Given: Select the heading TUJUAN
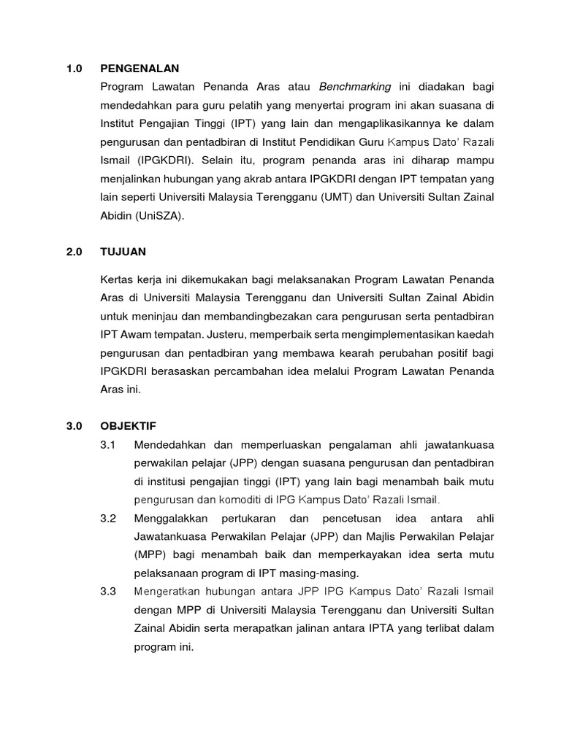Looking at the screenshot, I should (123, 252).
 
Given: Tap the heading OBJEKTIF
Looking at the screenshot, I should (128, 425).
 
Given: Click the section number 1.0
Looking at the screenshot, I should (74, 69).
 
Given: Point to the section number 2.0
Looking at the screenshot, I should (74, 252).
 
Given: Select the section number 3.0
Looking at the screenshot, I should (74, 425).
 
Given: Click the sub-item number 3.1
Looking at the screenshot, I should (108, 444).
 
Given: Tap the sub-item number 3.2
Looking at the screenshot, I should (108, 517).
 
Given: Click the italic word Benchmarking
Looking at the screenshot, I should (355, 87).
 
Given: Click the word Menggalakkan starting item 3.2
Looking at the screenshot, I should (171, 517).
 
